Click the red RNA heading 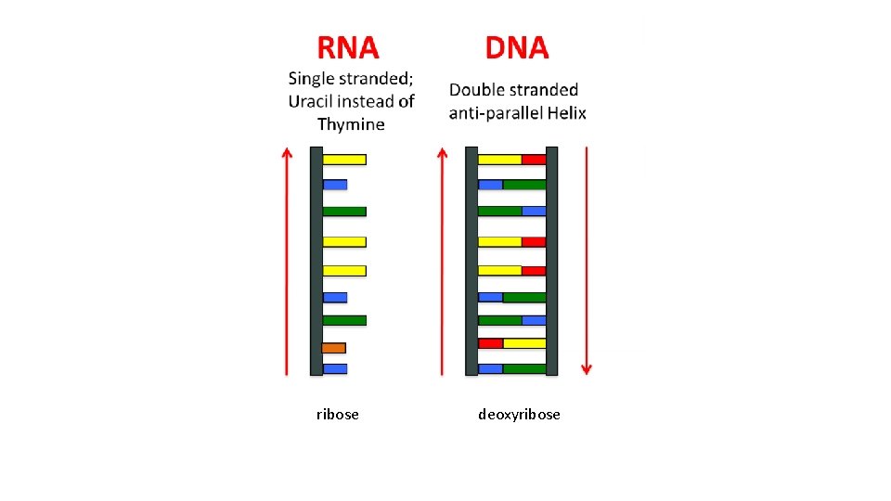point(348,47)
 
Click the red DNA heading point(517,47)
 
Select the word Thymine point(351,124)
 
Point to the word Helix point(566,113)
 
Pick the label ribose point(337,415)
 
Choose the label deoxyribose point(519,415)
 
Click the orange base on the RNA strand point(334,348)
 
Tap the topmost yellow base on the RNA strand point(344,160)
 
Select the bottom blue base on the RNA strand point(335,368)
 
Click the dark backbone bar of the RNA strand point(316,261)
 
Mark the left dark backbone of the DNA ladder point(471,261)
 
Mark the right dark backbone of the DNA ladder point(552,261)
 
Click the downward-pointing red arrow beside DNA point(586,261)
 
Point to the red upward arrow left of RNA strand point(287,261)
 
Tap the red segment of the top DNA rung point(534,160)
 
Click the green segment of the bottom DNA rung point(524,368)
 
